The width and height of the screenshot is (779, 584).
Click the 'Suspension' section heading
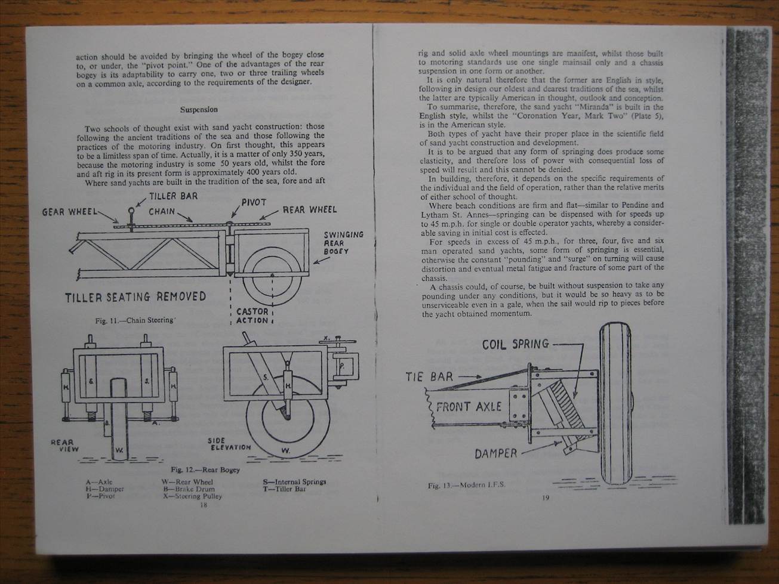(199, 110)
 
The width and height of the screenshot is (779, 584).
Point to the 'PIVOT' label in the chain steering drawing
(254, 202)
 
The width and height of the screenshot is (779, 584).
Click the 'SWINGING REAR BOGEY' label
(343, 243)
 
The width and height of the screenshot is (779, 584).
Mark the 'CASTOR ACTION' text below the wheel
(253, 316)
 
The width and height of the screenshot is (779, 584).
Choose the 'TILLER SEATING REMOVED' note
(136, 296)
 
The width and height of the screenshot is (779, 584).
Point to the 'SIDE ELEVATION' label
(229, 444)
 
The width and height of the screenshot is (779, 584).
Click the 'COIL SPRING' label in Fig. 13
(515, 344)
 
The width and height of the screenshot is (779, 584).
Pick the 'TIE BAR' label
(429, 377)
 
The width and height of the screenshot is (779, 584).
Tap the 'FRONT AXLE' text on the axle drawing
(469, 407)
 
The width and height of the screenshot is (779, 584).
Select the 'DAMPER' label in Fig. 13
(496, 453)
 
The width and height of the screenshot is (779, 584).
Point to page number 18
(203, 505)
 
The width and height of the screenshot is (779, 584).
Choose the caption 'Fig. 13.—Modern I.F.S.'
(466, 485)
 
